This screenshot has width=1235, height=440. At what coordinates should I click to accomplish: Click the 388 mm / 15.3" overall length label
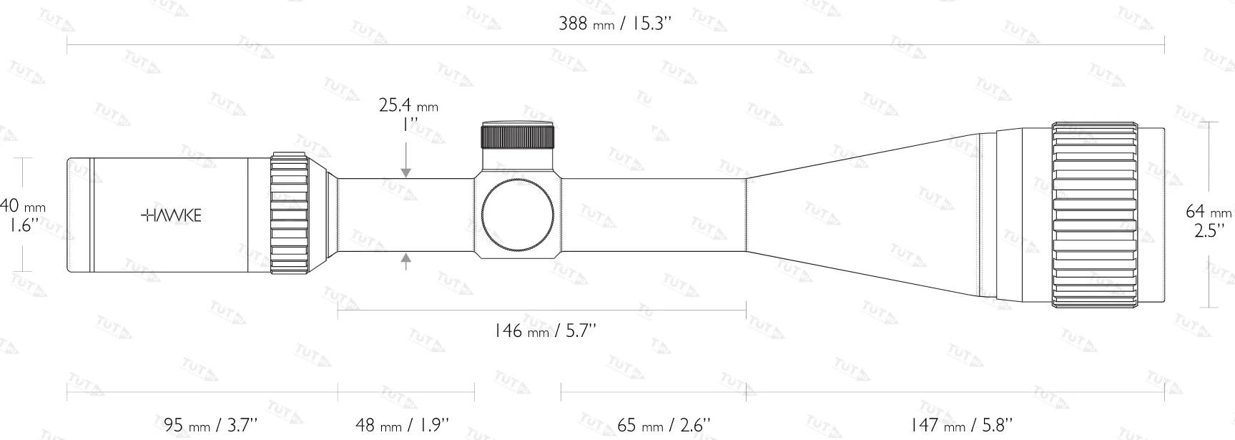615,24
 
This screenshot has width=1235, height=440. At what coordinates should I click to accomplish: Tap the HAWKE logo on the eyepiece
171,215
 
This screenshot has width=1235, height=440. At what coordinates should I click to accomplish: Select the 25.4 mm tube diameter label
408,106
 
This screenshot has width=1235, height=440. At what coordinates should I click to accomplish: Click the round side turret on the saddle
518,215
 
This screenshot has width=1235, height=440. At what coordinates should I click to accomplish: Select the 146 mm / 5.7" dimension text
545,331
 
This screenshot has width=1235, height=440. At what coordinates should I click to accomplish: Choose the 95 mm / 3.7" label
210,425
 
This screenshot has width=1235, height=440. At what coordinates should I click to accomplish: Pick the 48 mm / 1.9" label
403,425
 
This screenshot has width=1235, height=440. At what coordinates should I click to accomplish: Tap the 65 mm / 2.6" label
664,425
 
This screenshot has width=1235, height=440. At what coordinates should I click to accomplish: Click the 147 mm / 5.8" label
962,425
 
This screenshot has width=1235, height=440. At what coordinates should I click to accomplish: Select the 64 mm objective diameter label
1209,212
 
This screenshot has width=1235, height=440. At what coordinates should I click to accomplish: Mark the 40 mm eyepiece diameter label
23,207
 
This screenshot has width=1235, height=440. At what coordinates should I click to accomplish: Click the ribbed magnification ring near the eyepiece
289,214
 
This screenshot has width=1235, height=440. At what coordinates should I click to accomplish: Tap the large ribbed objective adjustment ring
1094,215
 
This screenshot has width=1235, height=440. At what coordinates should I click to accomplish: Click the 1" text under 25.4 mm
409,124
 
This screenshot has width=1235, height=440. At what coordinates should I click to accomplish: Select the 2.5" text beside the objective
1209,230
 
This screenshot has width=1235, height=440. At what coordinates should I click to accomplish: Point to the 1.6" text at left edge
23,225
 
